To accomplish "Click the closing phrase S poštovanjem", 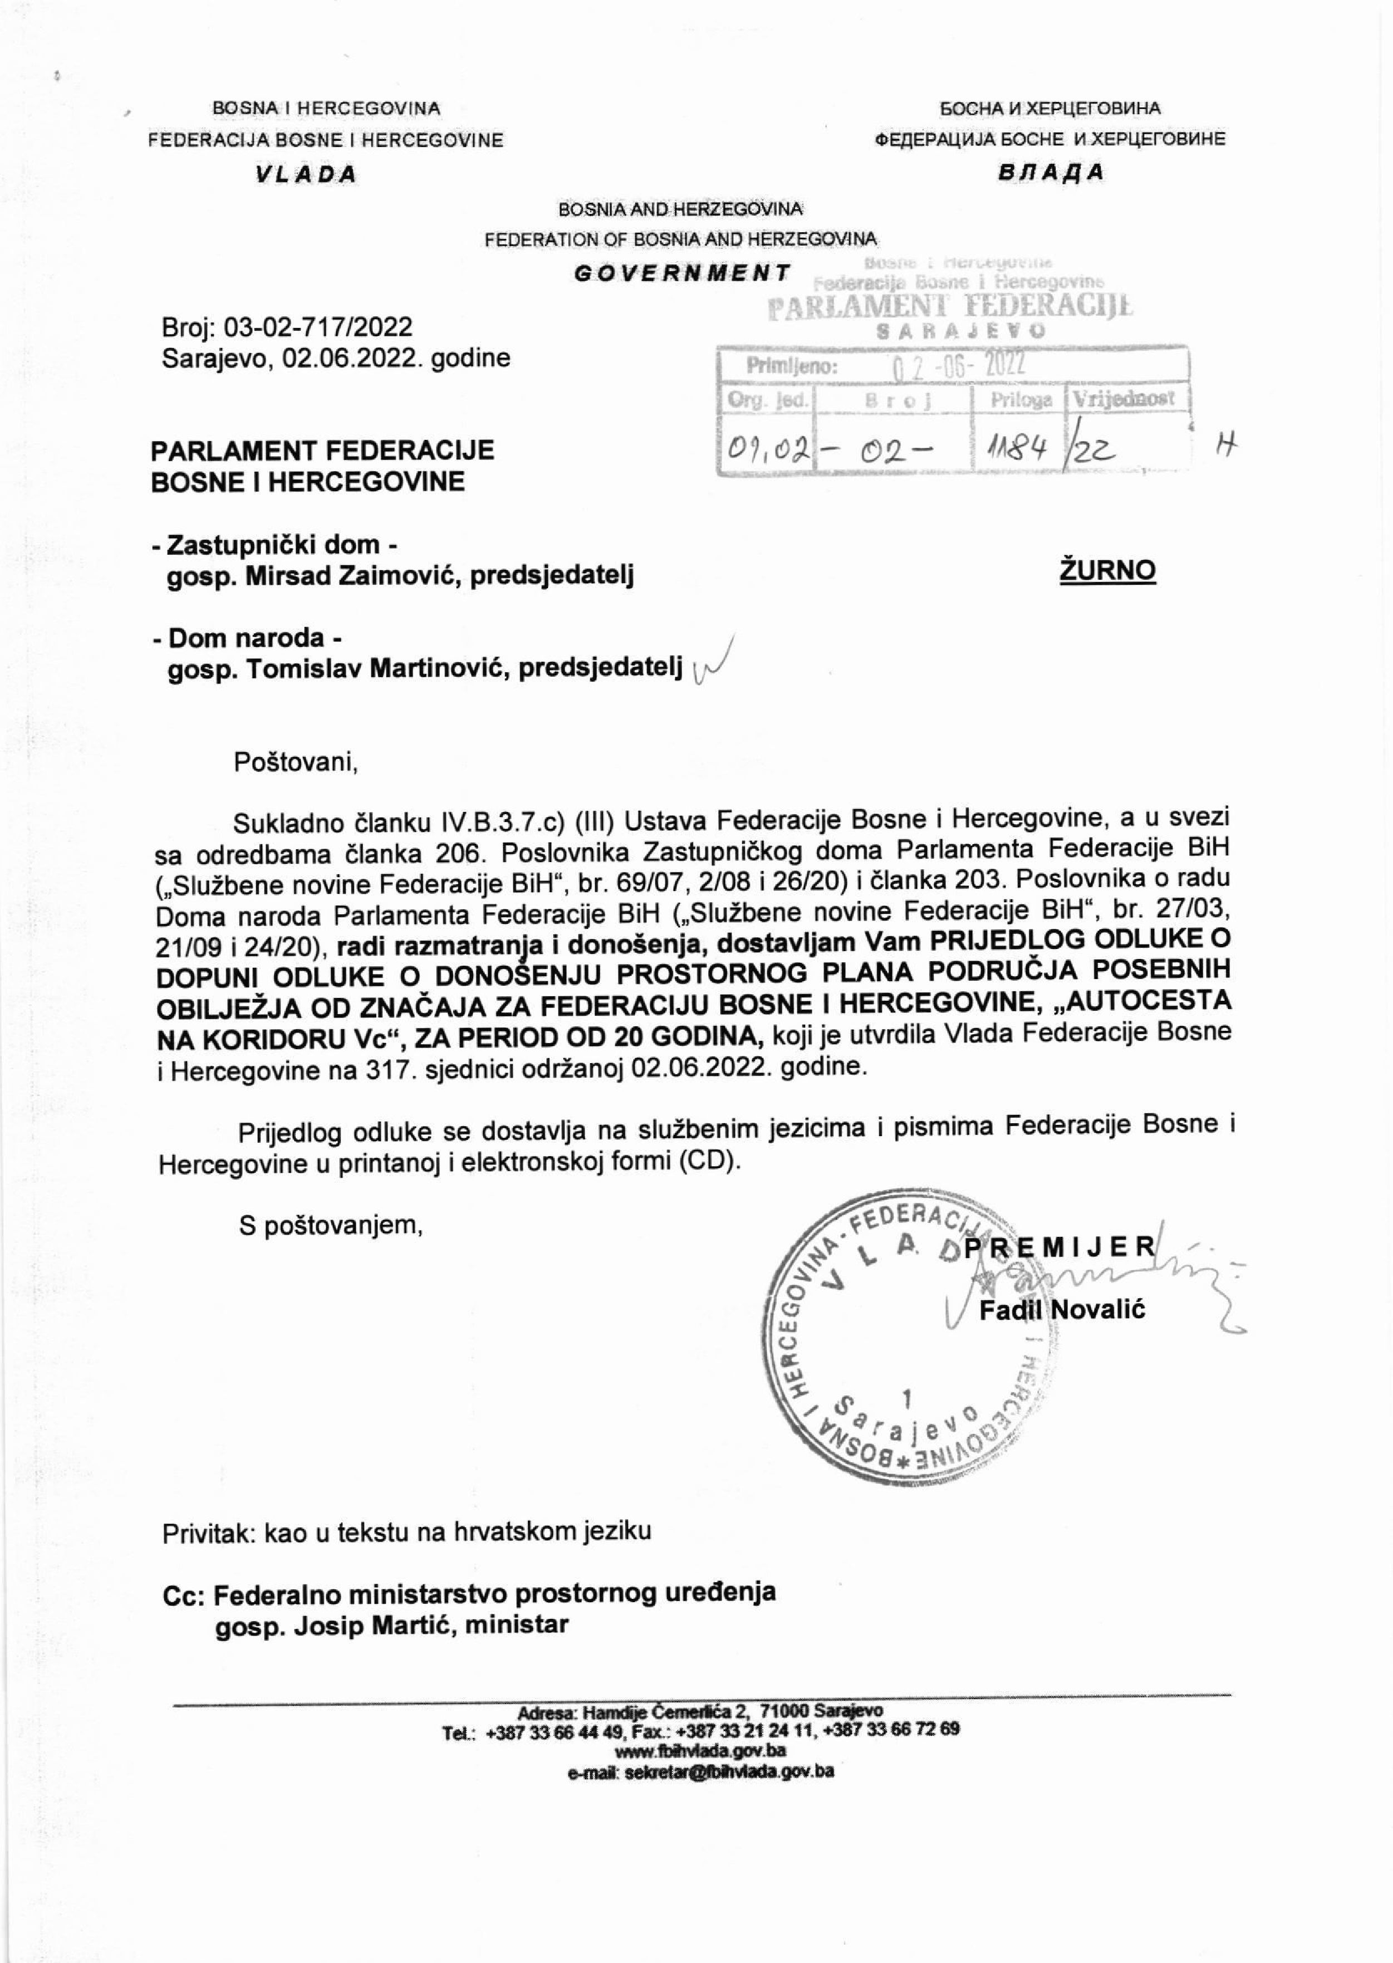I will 331,1225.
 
